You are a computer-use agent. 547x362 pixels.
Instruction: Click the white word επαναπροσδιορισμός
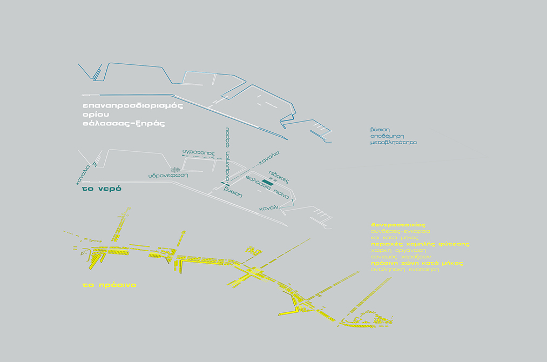pyautogui.click(x=132, y=105)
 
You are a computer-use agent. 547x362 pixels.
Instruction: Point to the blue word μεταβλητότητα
pyautogui.click(x=394, y=144)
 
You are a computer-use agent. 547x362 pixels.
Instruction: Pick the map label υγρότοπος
pyautogui.click(x=198, y=153)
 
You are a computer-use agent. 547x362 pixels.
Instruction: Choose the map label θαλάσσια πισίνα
pyautogui.click(x=268, y=186)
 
